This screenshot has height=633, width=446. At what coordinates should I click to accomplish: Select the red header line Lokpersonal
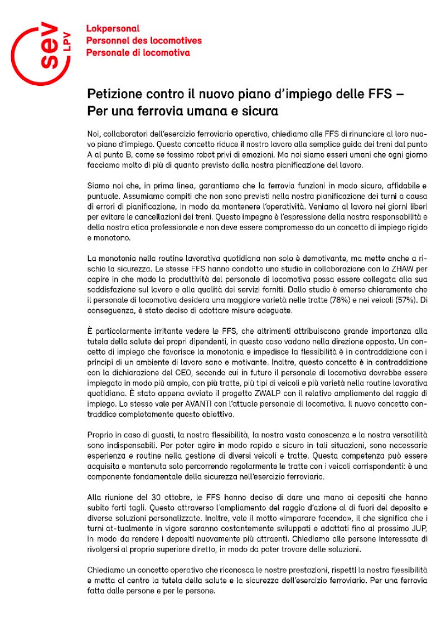pyautogui.click(x=113, y=28)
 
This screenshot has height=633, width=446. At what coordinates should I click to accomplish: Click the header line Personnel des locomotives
pyautogui.click(x=144, y=41)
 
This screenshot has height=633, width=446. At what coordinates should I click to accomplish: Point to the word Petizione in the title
pyautogui.click(x=113, y=94)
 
